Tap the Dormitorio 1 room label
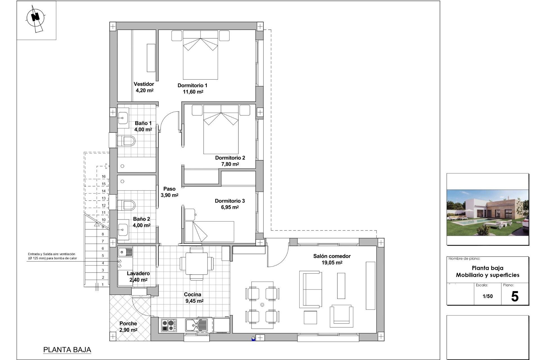[x=192, y=88]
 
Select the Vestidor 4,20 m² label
[x=144, y=87]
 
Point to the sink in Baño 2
[x=123, y=230]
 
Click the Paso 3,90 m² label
[x=169, y=192]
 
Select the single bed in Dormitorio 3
[x=210, y=231]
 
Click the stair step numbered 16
[x=103, y=177]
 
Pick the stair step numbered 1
[x=103, y=285]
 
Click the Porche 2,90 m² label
[x=128, y=327]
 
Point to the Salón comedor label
[x=332, y=259]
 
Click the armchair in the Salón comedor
[x=341, y=316]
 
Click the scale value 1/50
[x=488, y=296]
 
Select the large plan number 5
[x=515, y=297]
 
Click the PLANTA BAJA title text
[x=67, y=350]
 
